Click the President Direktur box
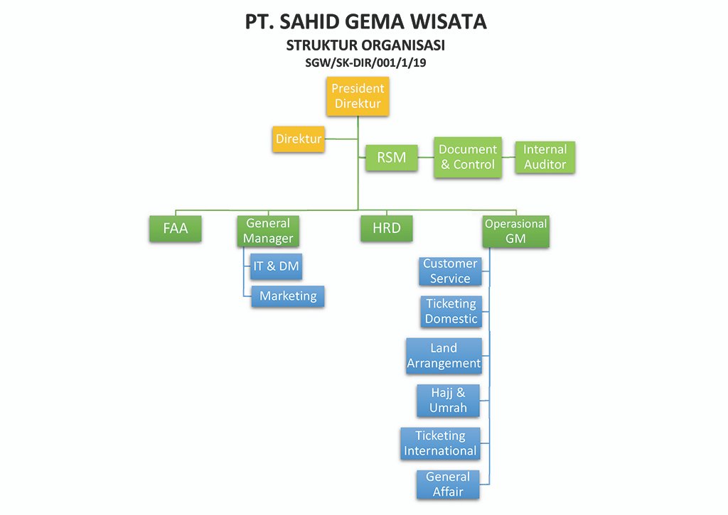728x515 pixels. [359, 97]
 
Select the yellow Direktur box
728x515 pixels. [299, 139]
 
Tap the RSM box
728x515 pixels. [392, 158]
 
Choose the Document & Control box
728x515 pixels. [468, 157]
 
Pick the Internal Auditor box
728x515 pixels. [545, 157]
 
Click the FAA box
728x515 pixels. [176, 229]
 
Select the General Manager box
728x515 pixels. [267, 231]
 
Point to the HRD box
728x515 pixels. [387, 229]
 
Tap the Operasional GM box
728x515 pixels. [515, 231]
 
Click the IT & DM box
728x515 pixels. [277, 266]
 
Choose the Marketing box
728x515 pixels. [288, 296]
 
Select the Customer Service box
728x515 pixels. [449, 271]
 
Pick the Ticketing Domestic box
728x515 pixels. [451, 311]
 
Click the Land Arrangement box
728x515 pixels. [444, 356]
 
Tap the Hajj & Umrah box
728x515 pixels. [448, 401]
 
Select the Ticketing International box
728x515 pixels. [440, 443]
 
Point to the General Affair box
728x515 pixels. [448, 484]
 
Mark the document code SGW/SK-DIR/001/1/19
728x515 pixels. [365, 63]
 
